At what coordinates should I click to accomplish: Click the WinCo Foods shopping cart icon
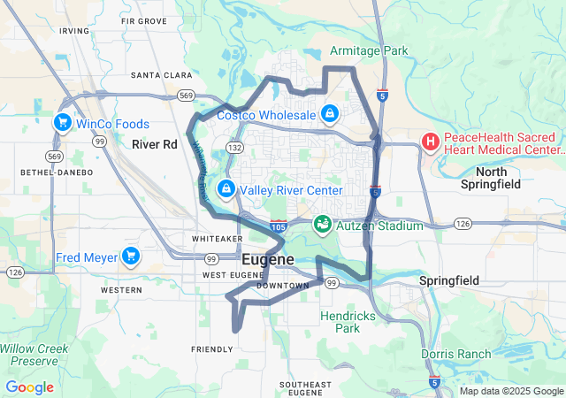[62, 123]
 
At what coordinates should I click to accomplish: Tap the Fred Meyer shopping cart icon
[131, 256]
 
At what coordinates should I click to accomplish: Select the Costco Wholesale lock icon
[329, 114]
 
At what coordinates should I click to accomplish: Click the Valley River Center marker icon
[226, 188]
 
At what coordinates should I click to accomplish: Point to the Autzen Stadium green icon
[322, 225]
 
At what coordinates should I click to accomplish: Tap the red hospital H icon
[430, 141]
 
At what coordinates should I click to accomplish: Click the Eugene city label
[267, 260]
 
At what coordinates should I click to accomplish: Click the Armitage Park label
[369, 51]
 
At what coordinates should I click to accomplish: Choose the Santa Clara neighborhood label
[157, 75]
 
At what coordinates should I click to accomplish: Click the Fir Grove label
[143, 19]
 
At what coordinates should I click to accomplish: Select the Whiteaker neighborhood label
[217, 239]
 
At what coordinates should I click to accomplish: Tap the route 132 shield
[234, 146]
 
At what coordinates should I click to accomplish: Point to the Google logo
[29, 387]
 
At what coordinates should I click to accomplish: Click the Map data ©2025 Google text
[510, 391]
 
